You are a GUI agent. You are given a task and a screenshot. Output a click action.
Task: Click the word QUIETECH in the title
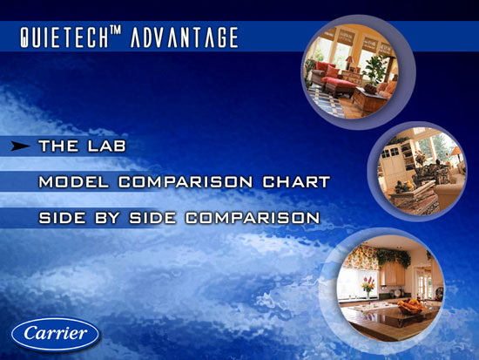(x=64, y=37)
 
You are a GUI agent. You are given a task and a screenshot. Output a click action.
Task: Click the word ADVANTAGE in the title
(x=185, y=37)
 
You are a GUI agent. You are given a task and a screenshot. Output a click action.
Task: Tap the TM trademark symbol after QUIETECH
(x=115, y=30)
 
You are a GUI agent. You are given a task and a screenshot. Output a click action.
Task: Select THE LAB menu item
(x=82, y=146)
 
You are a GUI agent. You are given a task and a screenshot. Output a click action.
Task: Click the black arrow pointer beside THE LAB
(x=20, y=146)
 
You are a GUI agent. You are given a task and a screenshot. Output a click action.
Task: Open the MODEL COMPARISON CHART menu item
(x=185, y=182)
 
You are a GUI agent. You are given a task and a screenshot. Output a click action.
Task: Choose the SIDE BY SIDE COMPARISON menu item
(x=179, y=218)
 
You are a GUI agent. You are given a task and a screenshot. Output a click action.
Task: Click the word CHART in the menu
(x=296, y=182)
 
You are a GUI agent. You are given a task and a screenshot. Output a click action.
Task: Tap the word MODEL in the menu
(x=74, y=182)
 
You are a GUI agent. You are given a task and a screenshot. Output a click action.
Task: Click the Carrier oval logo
(x=55, y=335)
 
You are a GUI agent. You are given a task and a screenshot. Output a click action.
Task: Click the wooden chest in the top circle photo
(x=367, y=99)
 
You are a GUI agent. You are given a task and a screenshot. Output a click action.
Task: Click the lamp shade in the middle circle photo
(x=456, y=151)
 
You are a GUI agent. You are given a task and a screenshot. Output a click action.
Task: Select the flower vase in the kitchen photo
(x=368, y=287)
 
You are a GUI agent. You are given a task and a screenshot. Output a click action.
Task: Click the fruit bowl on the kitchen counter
(x=411, y=307)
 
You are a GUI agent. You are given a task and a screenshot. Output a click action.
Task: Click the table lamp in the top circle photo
(x=349, y=62)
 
